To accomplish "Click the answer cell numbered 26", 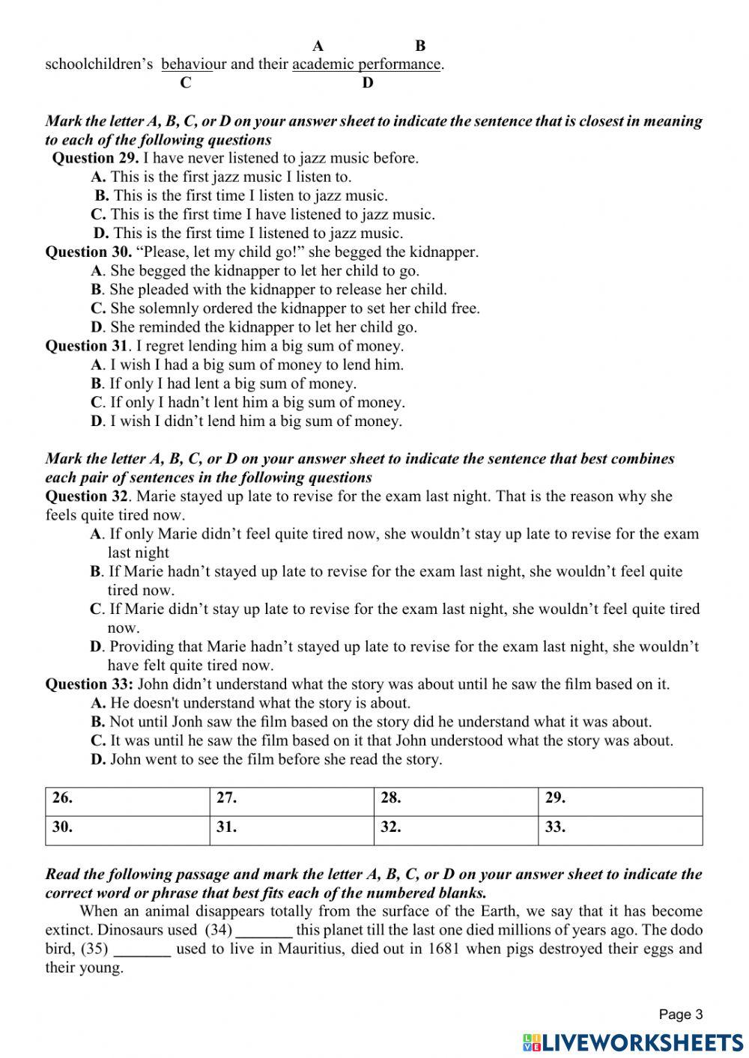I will coord(127,800).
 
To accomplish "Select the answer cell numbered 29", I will coord(620,800).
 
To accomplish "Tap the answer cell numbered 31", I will coord(291,830).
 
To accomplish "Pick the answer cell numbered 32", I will coord(455,830).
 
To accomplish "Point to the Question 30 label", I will coord(88,252).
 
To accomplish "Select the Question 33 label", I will coord(89,684).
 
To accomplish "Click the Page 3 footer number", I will coord(680,1015).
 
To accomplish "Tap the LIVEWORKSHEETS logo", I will coord(633,1042).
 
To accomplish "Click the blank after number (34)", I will coord(264,931).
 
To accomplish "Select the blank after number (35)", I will coord(142,950).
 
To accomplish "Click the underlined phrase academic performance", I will coord(366,64).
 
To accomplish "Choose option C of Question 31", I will coord(247,403).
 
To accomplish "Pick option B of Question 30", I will coord(268,290).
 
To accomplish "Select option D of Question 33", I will coord(266,760).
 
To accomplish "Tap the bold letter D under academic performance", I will coord(367,83).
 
